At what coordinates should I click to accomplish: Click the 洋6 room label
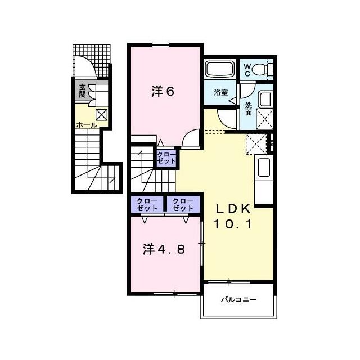(163, 91)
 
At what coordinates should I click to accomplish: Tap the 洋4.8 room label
(164, 249)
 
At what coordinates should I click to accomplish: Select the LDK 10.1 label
(232, 216)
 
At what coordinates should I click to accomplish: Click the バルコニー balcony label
(238, 300)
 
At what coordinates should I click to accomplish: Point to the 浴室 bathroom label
(221, 92)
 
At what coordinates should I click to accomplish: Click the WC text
(247, 70)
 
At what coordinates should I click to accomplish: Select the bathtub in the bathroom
(220, 68)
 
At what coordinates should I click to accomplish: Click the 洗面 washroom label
(249, 109)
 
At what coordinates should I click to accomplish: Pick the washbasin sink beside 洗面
(265, 99)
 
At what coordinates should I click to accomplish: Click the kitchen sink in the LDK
(264, 168)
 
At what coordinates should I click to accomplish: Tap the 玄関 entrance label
(82, 91)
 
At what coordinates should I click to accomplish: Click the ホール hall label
(87, 125)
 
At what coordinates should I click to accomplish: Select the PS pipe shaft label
(272, 143)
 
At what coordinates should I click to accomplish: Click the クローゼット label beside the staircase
(166, 157)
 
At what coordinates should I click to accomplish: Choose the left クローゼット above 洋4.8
(147, 205)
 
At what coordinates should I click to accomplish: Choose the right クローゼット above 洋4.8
(183, 205)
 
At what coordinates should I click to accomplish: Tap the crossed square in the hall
(101, 115)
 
